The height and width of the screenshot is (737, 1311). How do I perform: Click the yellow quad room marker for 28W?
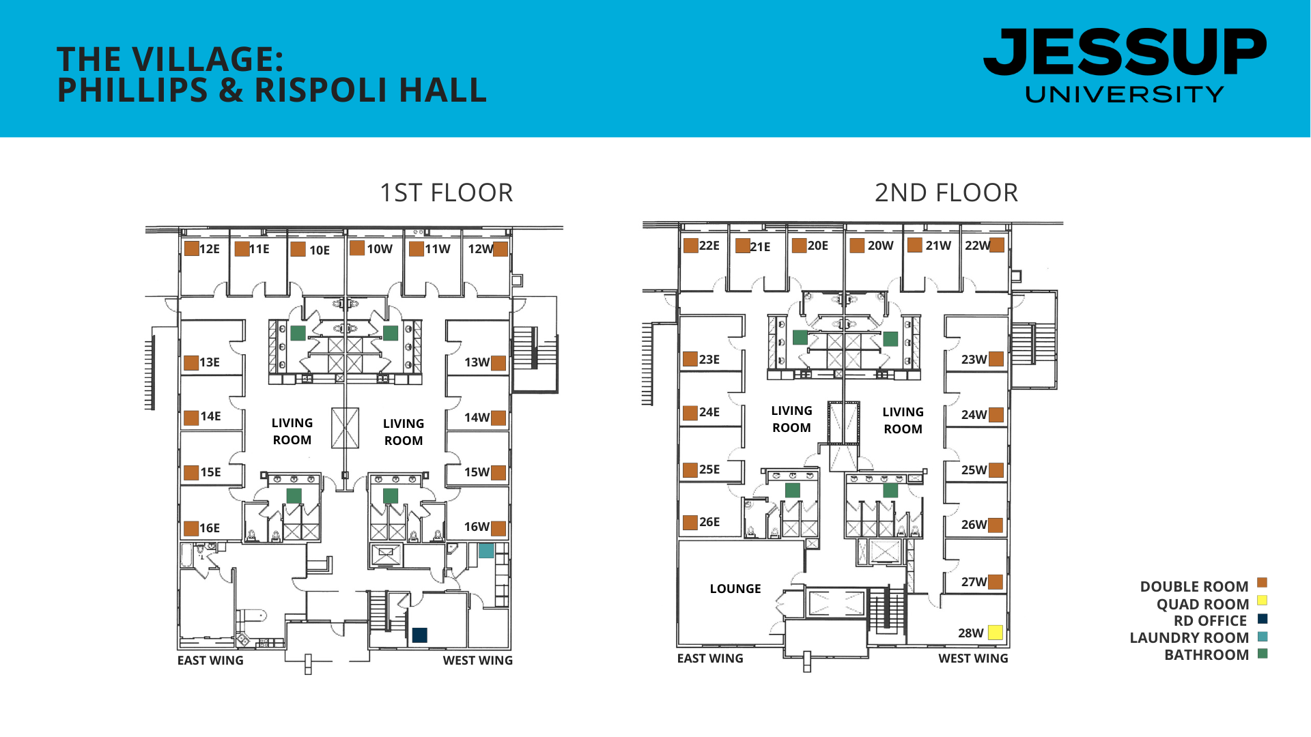[995, 633]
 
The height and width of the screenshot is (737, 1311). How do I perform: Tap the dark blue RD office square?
[420, 635]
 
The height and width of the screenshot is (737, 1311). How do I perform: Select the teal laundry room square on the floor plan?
[486, 550]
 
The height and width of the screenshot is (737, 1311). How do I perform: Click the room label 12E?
[210, 249]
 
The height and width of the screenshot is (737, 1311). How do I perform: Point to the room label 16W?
[477, 527]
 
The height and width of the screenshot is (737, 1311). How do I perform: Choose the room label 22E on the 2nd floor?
[709, 246]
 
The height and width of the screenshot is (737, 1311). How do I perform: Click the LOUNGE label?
[735, 589]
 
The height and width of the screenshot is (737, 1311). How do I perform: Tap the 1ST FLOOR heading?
[446, 193]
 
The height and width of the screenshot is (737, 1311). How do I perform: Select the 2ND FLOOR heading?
[946, 193]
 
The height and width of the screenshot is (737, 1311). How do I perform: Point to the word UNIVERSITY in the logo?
[1125, 94]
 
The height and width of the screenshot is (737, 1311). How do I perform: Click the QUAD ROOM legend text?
[1202, 605]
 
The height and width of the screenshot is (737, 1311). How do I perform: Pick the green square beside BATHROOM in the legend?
[1263, 654]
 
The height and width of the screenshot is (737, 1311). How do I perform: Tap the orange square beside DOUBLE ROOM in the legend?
[1263, 583]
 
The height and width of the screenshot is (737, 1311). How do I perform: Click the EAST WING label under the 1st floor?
[210, 661]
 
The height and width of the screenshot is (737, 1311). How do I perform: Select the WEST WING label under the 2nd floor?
[973, 659]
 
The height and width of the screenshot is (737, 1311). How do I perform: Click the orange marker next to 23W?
[996, 359]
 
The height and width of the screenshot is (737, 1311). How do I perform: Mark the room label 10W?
[380, 249]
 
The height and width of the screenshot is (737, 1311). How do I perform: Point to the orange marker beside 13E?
[191, 362]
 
